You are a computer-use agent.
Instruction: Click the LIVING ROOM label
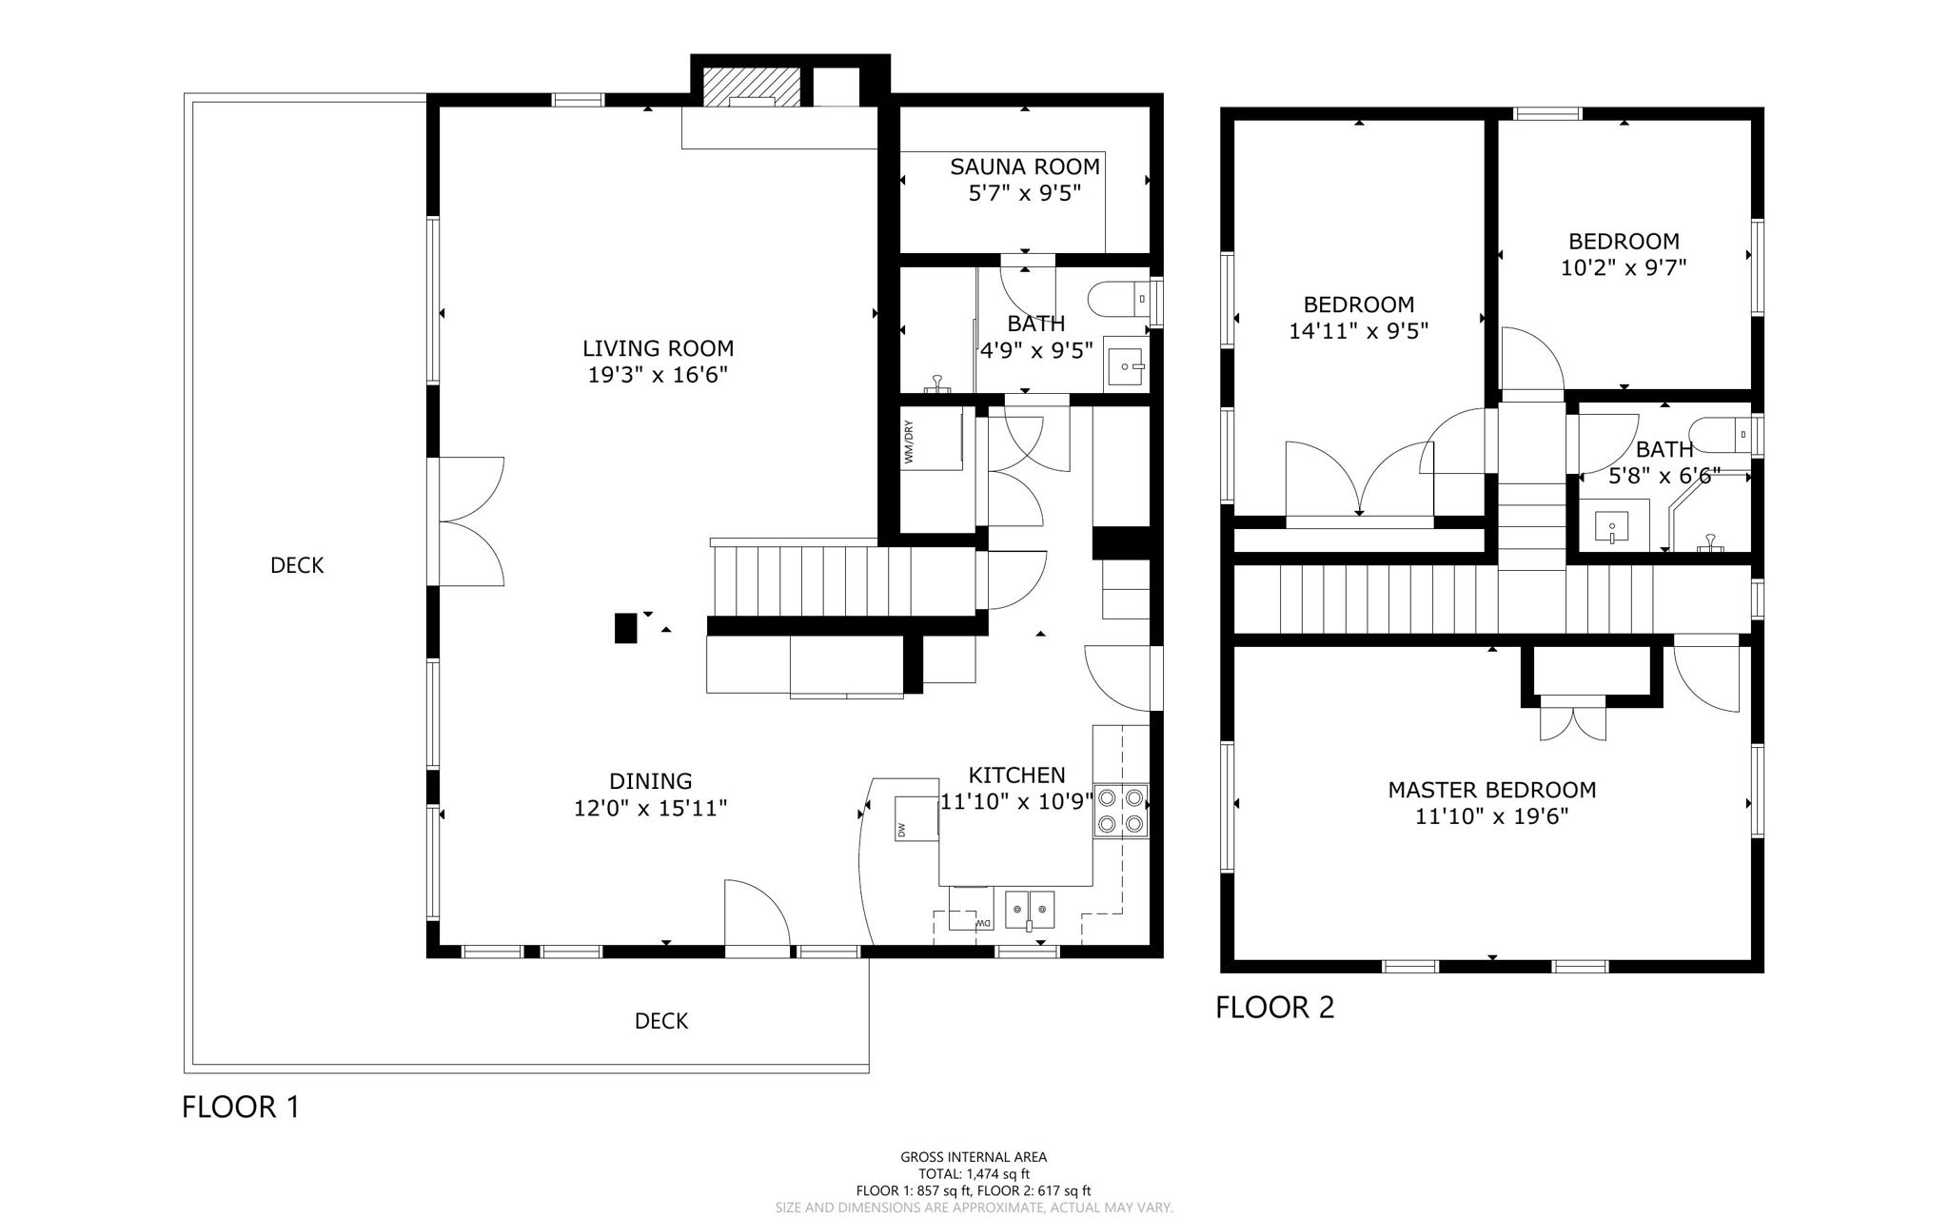tap(658, 348)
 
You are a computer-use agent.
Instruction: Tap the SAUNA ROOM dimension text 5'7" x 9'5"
tap(1025, 194)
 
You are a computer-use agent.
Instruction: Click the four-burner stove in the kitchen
tap(1121, 810)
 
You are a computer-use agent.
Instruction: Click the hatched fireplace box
tap(751, 88)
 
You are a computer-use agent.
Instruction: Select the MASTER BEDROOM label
tap(1491, 790)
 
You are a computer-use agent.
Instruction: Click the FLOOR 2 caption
tap(1274, 1007)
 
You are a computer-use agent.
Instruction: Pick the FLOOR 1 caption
tap(240, 1107)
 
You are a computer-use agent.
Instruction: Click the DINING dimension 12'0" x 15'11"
tap(650, 809)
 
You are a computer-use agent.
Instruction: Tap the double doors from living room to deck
tap(471, 520)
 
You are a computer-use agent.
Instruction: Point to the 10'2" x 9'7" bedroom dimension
tap(1624, 268)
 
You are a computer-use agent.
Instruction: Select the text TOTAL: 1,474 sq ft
tap(974, 1174)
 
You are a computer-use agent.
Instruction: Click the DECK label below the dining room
tap(660, 1021)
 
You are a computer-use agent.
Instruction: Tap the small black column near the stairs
tap(625, 628)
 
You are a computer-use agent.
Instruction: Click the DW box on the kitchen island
tap(915, 818)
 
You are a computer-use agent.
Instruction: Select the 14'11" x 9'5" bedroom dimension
tap(1358, 331)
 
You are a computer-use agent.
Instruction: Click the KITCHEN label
tap(1016, 775)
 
